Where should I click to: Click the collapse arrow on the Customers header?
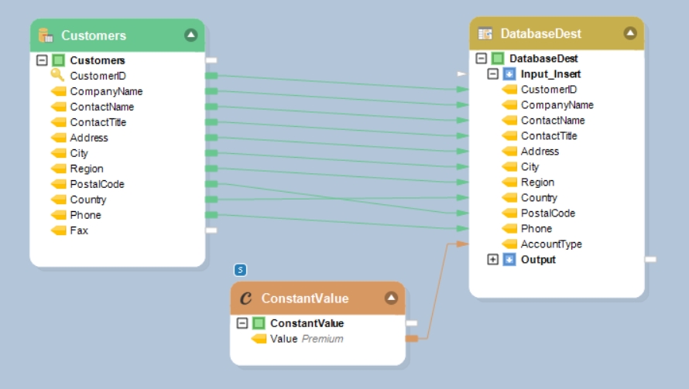[x=190, y=35]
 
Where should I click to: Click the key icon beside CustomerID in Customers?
[x=58, y=75]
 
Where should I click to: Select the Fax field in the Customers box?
[x=79, y=230]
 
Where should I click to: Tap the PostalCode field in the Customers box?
[x=97, y=184]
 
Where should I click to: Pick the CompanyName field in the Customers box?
[x=106, y=91]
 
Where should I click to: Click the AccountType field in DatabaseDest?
[x=551, y=244]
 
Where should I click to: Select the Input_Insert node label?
[x=550, y=74]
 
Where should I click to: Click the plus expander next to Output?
[x=492, y=260]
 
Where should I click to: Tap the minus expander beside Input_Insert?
[x=492, y=74]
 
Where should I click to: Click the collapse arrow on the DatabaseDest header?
[x=629, y=33]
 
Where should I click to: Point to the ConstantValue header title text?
[x=305, y=299]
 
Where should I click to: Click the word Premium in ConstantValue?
[x=322, y=339]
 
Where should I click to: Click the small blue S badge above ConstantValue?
[x=240, y=270]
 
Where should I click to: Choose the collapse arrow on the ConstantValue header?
[x=391, y=298]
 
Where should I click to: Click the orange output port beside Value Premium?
[x=412, y=339]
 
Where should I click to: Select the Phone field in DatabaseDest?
[x=536, y=229]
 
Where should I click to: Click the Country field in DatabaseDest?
[x=539, y=198]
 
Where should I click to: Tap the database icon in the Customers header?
[x=46, y=35]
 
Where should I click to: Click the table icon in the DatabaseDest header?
[x=485, y=33]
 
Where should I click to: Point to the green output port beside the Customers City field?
[x=211, y=153]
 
